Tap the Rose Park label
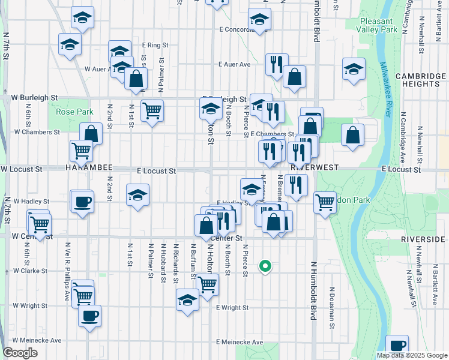pyautogui.click(x=74, y=112)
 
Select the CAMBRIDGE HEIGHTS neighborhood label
pyautogui.click(x=420, y=80)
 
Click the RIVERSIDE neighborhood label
pyautogui.click(x=424, y=239)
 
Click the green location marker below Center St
pyautogui.click(x=264, y=266)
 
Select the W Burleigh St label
pyautogui.click(x=35, y=97)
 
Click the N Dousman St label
pyautogui.click(x=331, y=308)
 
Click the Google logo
pyautogui.click(x=20, y=353)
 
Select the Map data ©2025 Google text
pyautogui.click(x=411, y=355)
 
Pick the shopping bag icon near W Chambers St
pyautogui.click(x=91, y=134)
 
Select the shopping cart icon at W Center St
pyautogui.click(x=40, y=224)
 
